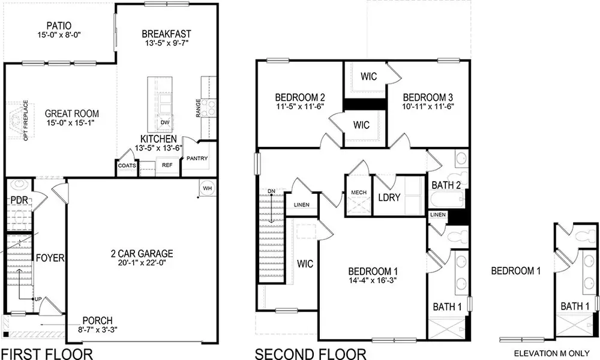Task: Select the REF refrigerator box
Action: tap(167, 164)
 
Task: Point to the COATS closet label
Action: tap(127, 166)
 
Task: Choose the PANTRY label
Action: tap(197, 159)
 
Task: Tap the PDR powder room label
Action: tap(20, 200)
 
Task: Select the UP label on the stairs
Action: tap(37, 299)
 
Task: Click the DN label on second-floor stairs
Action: tap(272, 191)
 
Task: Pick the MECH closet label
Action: tap(359, 193)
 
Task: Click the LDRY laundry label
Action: tap(389, 197)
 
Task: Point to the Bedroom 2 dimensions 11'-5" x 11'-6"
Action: tap(300, 107)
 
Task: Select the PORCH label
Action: tap(98, 320)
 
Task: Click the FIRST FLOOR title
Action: tap(47, 353)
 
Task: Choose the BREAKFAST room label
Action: tap(166, 34)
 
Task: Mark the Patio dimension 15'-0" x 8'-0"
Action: tap(58, 35)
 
